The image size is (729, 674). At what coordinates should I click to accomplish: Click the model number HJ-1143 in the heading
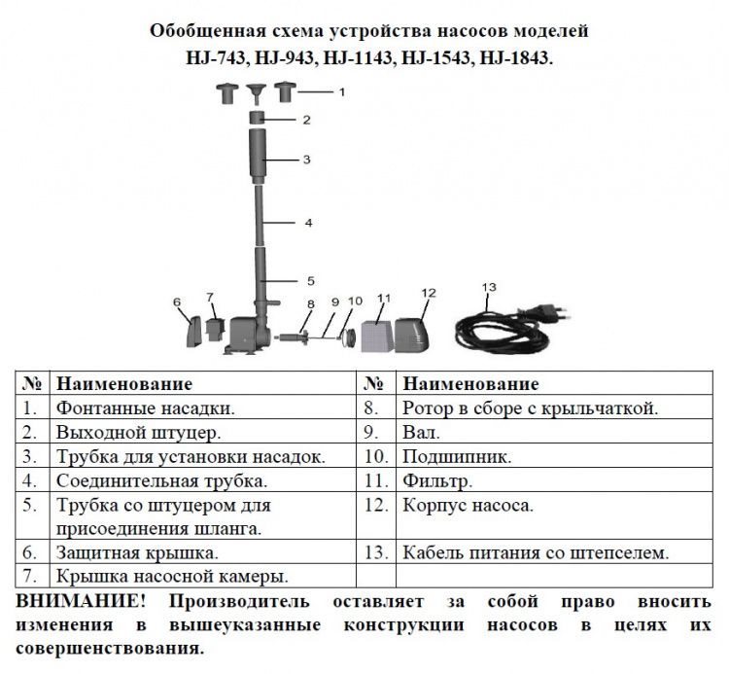357,57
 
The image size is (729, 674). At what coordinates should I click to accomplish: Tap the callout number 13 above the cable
489,287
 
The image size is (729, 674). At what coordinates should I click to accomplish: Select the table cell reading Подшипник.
457,456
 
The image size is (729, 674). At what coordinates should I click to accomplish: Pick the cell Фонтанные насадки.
146,408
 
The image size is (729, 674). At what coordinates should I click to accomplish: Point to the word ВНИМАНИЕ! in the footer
81,600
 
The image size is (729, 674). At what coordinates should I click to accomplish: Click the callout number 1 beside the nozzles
342,92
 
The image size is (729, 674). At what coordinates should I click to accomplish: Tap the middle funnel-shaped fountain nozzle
257,93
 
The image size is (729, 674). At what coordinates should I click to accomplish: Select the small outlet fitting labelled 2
258,118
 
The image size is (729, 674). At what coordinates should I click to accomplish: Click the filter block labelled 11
376,335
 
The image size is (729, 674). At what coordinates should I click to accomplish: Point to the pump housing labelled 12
412,335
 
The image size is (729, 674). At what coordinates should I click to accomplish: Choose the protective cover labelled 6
193,332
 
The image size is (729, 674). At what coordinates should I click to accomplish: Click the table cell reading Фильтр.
437,480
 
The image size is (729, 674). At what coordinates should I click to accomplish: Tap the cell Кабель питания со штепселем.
536,552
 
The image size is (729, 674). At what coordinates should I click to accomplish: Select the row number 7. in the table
30,576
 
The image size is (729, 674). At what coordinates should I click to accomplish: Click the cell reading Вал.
421,432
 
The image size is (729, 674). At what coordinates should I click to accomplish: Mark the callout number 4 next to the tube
309,223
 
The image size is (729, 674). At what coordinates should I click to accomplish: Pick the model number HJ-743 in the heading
216,57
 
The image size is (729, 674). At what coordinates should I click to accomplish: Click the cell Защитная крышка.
137,552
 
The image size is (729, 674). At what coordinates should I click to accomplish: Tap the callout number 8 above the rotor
311,304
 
